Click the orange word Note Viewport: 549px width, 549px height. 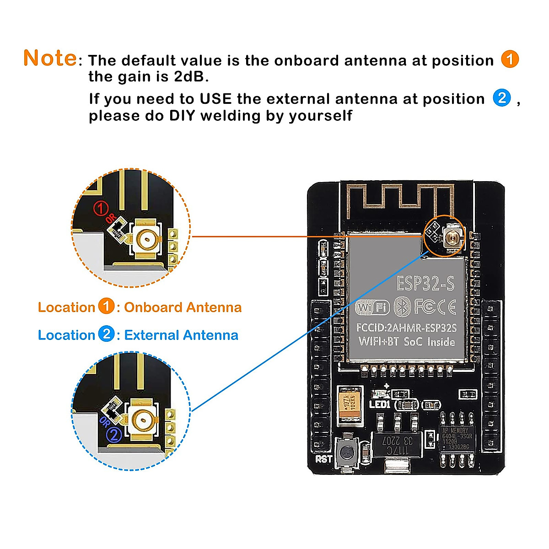(x=50, y=58)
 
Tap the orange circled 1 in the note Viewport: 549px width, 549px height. (x=510, y=59)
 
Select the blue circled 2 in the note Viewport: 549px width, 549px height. (x=501, y=98)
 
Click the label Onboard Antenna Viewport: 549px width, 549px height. (x=183, y=307)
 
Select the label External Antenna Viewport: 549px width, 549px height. (x=181, y=335)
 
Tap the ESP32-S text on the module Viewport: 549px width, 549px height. (x=425, y=284)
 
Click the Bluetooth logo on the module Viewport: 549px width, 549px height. (x=402, y=307)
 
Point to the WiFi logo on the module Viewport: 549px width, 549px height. (x=372, y=307)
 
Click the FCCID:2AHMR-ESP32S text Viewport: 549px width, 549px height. (x=406, y=328)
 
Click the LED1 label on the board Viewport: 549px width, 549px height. (x=379, y=404)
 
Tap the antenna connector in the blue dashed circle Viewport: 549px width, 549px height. (x=142, y=417)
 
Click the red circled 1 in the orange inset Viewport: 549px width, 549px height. (x=101, y=209)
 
